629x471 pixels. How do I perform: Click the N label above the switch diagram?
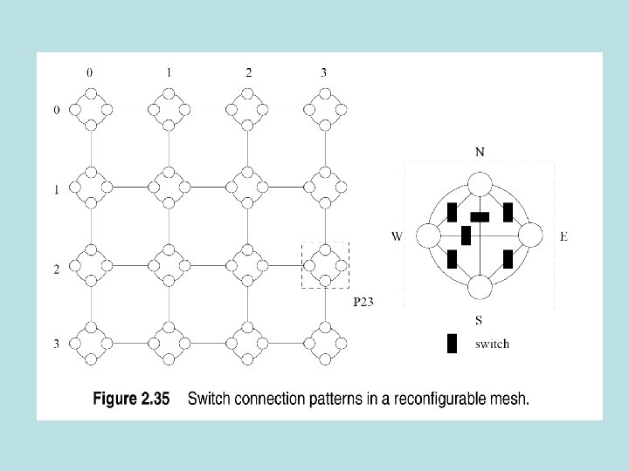(x=480, y=152)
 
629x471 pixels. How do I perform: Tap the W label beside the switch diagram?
(x=397, y=236)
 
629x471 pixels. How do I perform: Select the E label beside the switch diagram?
(x=563, y=236)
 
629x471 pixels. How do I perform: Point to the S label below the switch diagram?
(x=480, y=321)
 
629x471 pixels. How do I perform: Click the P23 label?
(x=363, y=302)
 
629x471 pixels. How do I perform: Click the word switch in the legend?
(x=492, y=344)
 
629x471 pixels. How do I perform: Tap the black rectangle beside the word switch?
(x=452, y=344)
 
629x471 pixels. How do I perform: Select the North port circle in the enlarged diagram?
(x=479, y=185)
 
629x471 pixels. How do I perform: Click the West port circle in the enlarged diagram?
(x=428, y=236)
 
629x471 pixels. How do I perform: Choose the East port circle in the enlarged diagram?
(x=530, y=236)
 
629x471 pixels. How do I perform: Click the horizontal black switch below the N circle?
(x=480, y=215)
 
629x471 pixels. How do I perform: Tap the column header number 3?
(x=324, y=73)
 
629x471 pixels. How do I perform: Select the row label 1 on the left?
(x=57, y=189)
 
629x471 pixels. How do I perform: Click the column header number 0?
(x=88, y=73)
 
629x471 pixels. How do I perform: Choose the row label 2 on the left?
(x=57, y=270)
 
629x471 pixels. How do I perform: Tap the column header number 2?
(x=248, y=73)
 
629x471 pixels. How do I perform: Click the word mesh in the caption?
(x=510, y=400)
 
